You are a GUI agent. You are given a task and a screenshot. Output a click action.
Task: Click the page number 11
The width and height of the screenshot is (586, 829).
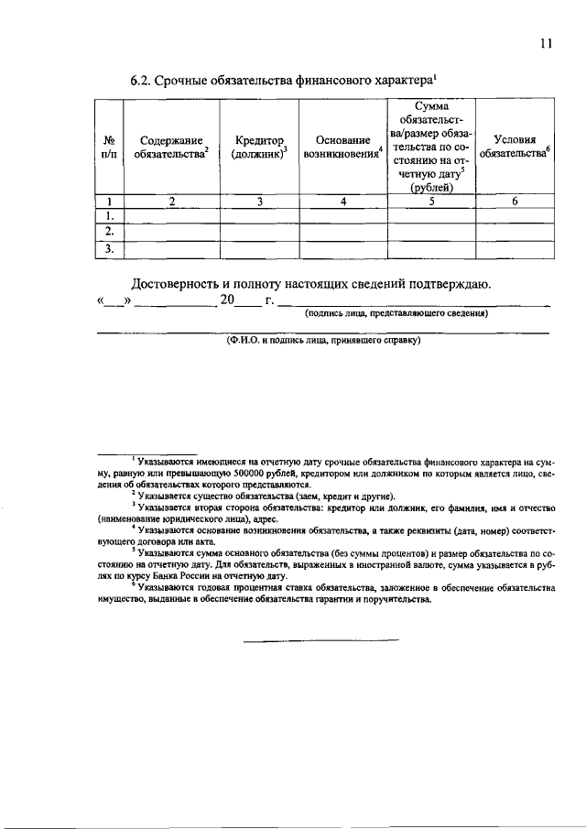coord(546,40)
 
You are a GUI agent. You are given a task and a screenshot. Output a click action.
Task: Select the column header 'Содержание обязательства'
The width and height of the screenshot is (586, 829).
coord(171,147)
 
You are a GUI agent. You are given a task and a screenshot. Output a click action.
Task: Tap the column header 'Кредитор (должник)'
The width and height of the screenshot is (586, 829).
coord(259,147)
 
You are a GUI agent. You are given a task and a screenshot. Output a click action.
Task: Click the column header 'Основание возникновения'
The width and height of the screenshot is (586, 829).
coord(342,147)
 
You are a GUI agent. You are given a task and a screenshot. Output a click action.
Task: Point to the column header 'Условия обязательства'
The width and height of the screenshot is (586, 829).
coord(515,147)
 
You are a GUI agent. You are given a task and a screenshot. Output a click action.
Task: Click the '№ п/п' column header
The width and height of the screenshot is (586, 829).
coord(109,147)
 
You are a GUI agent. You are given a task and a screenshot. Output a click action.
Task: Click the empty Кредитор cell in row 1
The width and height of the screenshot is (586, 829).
coord(259,216)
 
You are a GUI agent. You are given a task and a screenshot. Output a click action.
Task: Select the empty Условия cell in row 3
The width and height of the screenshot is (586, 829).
coord(515,248)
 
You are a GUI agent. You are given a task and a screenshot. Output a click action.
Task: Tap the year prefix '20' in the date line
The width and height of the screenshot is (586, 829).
coord(227,300)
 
